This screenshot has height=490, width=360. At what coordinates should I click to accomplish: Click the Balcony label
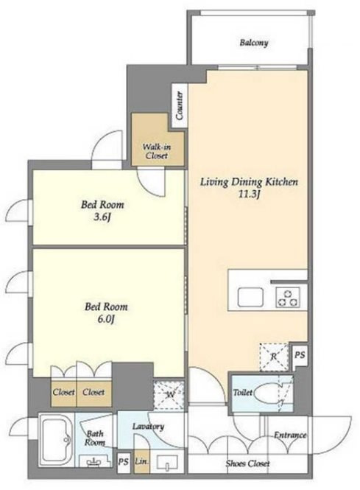tap(254, 43)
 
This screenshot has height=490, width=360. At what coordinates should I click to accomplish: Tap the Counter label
tap(180, 105)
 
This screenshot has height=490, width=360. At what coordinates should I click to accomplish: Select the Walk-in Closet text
tap(157, 151)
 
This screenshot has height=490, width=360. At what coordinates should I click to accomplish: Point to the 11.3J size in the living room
tap(249, 195)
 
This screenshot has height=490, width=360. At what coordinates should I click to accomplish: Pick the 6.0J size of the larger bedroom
tap(106, 319)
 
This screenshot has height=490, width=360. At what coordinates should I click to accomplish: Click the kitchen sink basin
tap(250, 297)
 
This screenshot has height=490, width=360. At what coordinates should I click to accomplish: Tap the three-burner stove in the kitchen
tap(288, 297)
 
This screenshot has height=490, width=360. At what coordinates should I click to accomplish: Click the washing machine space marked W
tap(169, 395)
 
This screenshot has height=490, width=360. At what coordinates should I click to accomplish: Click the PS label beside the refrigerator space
tap(300, 355)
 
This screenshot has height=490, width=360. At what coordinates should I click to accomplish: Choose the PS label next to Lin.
tap(124, 462)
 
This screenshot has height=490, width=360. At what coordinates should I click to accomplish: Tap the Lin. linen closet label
tap(141, 461)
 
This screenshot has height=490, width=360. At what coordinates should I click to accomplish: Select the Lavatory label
tap(148, 427)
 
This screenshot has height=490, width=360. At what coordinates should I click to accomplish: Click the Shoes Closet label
tap(247, 463)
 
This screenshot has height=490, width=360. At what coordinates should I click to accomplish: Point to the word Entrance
tap(290, 435)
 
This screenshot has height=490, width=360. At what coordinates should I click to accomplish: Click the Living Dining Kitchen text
tap(249, 182)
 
